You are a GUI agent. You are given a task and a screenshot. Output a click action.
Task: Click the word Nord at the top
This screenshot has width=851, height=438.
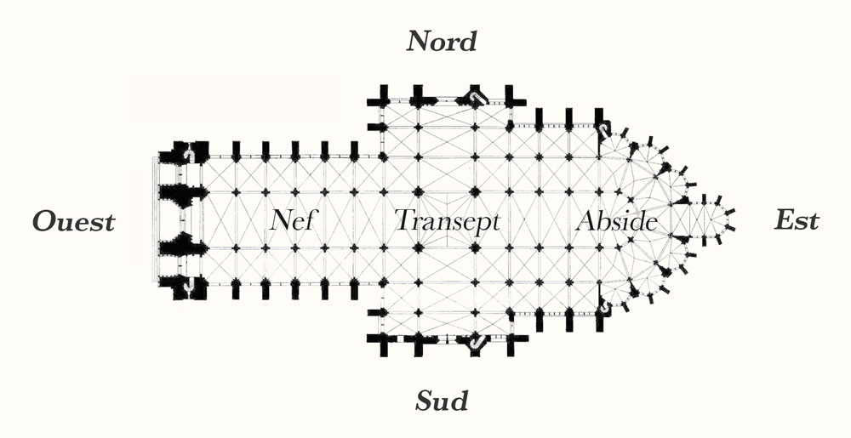[x=441, y=41]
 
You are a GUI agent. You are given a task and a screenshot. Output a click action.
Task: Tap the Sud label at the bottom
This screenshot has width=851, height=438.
[x=441, y=401]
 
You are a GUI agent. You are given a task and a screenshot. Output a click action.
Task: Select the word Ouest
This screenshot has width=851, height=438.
[x=74, y=222]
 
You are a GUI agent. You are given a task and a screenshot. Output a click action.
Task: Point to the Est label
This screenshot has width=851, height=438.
[x=797, y=220]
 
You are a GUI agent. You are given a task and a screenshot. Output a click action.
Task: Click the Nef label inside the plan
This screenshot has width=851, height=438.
[x=293, y=220]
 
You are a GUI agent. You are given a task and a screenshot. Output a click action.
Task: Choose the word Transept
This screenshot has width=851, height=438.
[x=447, y=220]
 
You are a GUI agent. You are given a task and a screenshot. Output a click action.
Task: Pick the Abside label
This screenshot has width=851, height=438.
[x=616, y=220]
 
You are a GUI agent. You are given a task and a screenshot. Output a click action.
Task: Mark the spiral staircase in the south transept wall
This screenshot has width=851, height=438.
[x=476, y=341]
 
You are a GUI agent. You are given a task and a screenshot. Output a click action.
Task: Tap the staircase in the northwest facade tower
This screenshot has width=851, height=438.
[x=189, y=155]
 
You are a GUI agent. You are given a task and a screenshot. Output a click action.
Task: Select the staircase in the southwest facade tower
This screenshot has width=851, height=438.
[x=188, y=284]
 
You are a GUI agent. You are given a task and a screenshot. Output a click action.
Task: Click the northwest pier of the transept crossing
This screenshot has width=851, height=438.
[x=418, y=192]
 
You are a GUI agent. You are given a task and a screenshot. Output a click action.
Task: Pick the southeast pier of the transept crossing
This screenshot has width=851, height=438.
[x=476, y=247]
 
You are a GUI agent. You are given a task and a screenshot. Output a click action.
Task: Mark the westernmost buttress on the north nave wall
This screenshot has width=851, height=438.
[x=236, y=151]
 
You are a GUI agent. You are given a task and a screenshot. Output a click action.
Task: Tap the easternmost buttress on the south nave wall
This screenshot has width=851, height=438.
[x=354, y=289]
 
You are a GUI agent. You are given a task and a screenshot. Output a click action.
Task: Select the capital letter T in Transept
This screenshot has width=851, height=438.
[x=404, y=219]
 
